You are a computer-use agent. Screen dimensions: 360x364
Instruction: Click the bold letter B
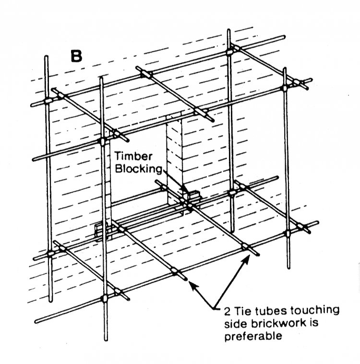(x=76, y=56)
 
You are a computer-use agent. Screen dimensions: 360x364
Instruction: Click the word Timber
(x=133, y=156)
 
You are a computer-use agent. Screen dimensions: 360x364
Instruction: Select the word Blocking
(x=138, y=169)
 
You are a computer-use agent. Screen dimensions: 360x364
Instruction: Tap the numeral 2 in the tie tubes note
(x=228, y=311)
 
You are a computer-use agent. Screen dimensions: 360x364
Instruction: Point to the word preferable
(x=253, y=336)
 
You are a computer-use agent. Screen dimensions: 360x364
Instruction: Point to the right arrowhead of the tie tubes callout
(x=247, y=258)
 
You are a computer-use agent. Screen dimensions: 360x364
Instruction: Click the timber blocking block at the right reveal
(x=193, y=195)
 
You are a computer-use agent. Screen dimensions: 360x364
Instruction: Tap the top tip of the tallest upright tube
(x=228, y=30)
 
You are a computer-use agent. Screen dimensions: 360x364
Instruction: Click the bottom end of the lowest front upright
(x=106, y=340)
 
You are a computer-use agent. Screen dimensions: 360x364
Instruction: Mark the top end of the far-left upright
(x=46, y=57)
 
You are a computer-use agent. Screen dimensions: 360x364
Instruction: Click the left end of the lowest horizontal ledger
(x=36, y=322)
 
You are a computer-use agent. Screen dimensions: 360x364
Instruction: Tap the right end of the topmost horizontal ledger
(x=284, y=36)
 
